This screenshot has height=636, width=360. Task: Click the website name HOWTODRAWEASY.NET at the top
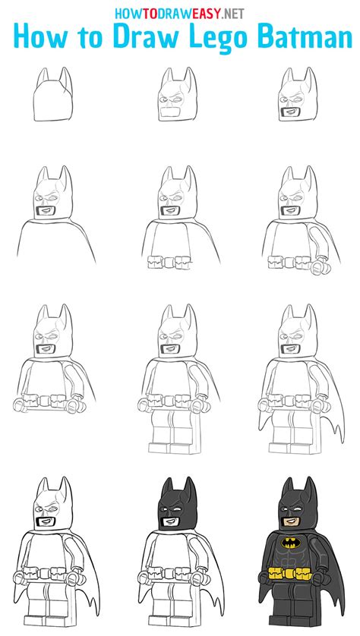click(180, 13)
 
